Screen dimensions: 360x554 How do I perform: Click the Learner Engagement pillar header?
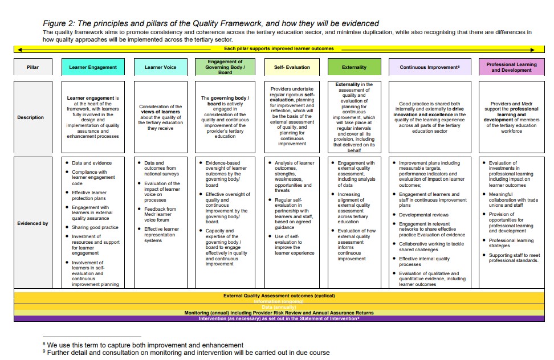(x=93, y=67)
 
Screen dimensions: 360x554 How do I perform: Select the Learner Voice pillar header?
(x=160, y=67)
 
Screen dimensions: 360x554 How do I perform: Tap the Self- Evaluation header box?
(x=292, y=67)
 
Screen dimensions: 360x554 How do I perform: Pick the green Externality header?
(x=354, y=67)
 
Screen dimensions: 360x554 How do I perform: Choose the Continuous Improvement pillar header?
(x=430, y=67)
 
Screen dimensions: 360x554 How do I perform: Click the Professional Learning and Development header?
(x=511, y=67)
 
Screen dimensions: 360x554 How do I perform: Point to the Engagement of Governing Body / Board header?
(x=225, y=67)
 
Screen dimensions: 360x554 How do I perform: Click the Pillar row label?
(x=33, y=67)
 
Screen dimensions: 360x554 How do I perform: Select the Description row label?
(x=30, y=117)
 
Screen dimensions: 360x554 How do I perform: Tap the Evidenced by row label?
(x=32, y=223)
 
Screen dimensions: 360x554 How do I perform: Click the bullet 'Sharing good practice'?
(x=95, y=227)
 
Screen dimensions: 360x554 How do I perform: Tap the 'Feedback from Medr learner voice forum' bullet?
(x=160, y=214)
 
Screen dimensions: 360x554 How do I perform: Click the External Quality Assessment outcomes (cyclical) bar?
(x=279, y=296)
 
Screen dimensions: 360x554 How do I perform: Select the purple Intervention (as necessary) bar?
(x=279, y=318)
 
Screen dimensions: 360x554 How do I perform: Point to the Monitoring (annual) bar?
(x=279, y=313)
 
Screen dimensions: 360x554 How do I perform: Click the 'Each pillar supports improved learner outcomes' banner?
(x=279, y=48)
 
